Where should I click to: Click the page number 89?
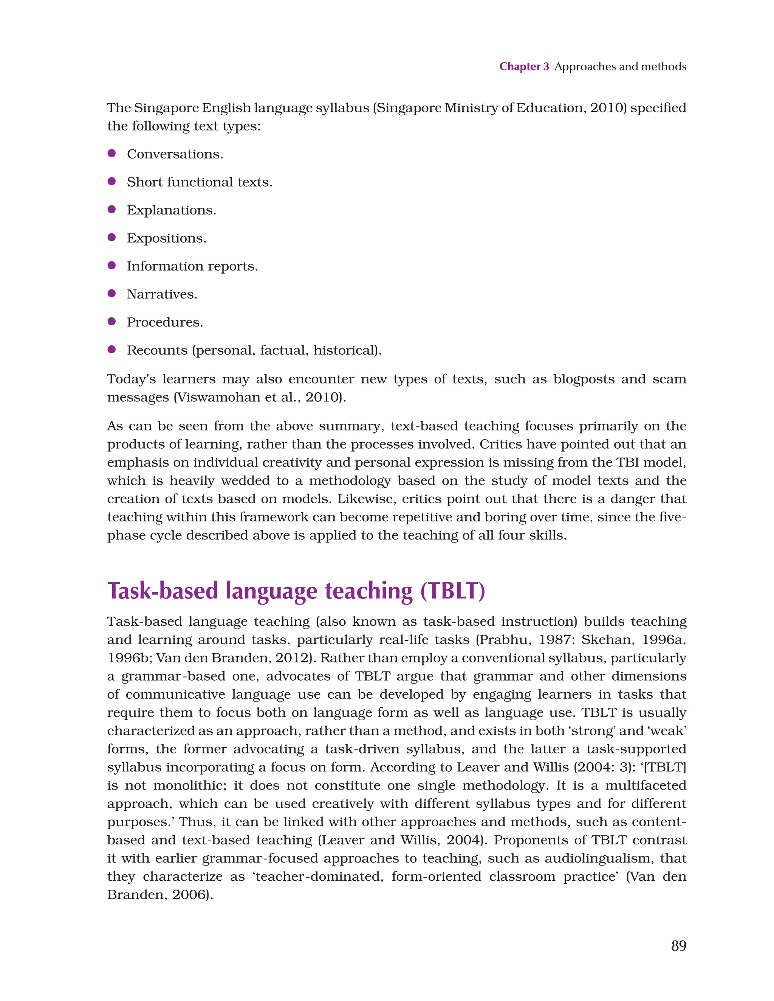[678, 945]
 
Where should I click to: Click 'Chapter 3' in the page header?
[524, 67]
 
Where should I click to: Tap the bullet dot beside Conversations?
[111, 154]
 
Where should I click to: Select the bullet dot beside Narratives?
[111, 293]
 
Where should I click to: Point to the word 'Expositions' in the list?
[165, 238]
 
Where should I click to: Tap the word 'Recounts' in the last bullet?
[156, 351]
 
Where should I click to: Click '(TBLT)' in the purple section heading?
[452, 591]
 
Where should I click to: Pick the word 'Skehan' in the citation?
[608, 640]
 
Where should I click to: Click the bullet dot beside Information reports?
[111, 265]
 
